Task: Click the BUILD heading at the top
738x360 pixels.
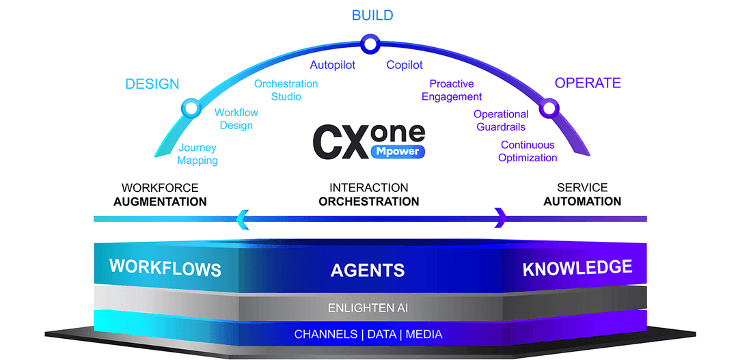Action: click(x=372, y=15)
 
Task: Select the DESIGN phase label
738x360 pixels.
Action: click(x=152, y=84)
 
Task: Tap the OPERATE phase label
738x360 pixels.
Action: click(x=588, y=83)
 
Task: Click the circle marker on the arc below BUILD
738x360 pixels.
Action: click(x=370, y=45)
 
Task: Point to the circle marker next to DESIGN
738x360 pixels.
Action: click(x=191, y=107)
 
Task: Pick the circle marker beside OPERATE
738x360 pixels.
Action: click(x=548, y=108)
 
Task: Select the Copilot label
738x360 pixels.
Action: click(x=405, y=66)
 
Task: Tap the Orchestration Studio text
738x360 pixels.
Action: click(x=286, y=90)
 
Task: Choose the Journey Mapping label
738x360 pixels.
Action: click(x=197, y=154)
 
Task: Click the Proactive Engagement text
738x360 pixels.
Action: click(x=452, y=90)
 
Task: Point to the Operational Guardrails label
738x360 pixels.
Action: click(x=501, y=121)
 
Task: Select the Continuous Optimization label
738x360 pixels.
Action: click(x=528, y=152)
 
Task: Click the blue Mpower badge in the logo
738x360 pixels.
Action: click(x=397, y=151)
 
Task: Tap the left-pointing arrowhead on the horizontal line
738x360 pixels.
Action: click(x=241, y=219)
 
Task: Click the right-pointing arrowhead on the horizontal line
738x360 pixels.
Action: click(x=500, y=219)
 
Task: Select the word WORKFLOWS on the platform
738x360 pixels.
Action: click(x=165, y=267)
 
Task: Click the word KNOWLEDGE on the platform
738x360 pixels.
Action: click(x=577, y=268)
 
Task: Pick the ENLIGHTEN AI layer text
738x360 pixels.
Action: click(x=370, y=307)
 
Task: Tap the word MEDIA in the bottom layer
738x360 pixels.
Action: click(x=424, y=335)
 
